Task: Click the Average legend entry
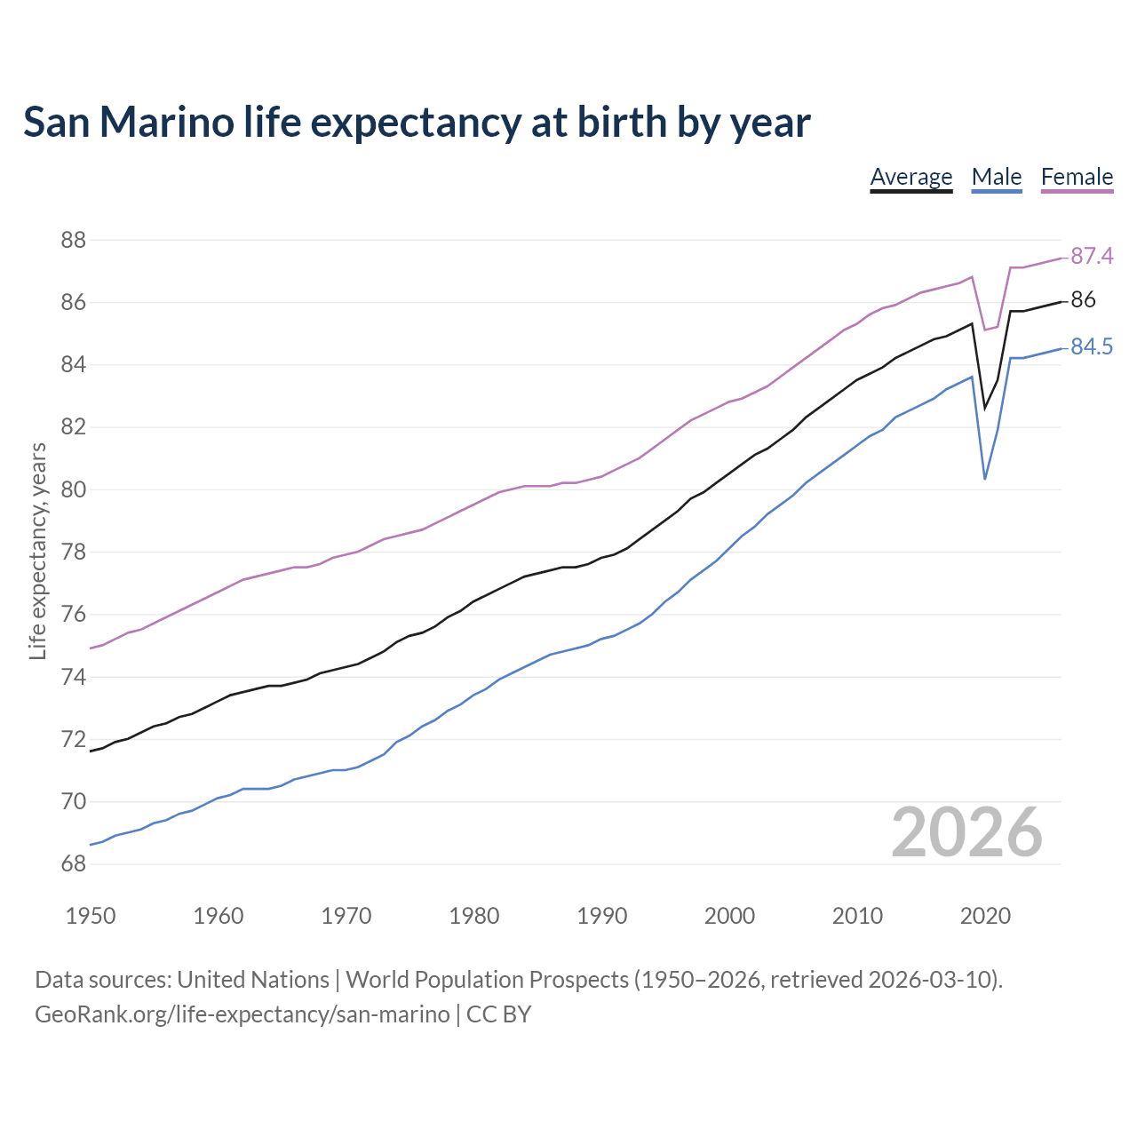(x=910, y=177)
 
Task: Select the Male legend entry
(x=996, y=177)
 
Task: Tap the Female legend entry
(x=1077, y=177)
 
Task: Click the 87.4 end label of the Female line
(x=1091, y=256)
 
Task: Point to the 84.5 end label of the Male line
(x=1091, y=346)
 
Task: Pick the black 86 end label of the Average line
(x=1083, y=300)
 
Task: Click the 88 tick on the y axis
(x=73, y=240)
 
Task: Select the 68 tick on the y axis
(x=73, y=864)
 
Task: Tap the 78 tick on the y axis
(x=73, y=553)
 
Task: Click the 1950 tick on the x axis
(x=91, y=916)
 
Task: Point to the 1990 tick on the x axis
(x=601, y=916)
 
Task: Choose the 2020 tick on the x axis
(x=985, y=916)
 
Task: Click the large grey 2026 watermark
(x=966, y=832)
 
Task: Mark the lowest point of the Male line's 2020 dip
(x=985, y=479)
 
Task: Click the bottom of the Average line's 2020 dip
(x=985, y=408)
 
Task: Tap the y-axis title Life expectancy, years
(x=37, y=552)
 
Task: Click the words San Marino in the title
(x=129, y=123)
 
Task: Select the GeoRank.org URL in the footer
(x=242, y=1014)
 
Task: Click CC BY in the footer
(x=498, y=1014)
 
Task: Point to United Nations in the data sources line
(x=253, y=980)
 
